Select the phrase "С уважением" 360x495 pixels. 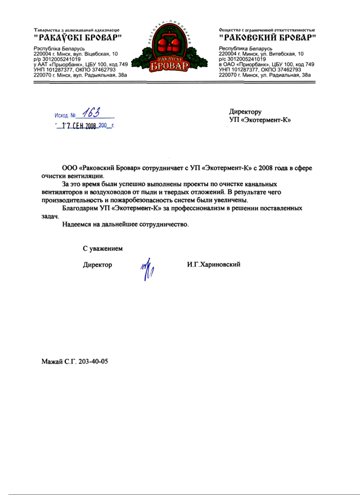(102, 248)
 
